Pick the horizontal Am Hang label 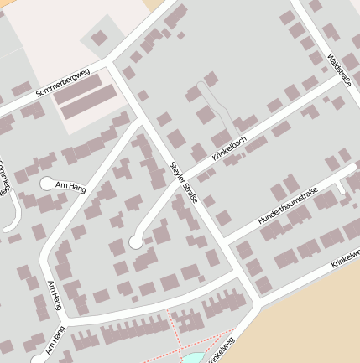click(x=70, y=185)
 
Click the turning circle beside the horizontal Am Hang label click(x=46, y=183)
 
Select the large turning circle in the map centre click(x=135, y=242)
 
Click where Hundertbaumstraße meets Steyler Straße click(x=222, y=245)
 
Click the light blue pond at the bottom click(x=193, y=357)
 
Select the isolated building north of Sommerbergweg click(x=99, y=38)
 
